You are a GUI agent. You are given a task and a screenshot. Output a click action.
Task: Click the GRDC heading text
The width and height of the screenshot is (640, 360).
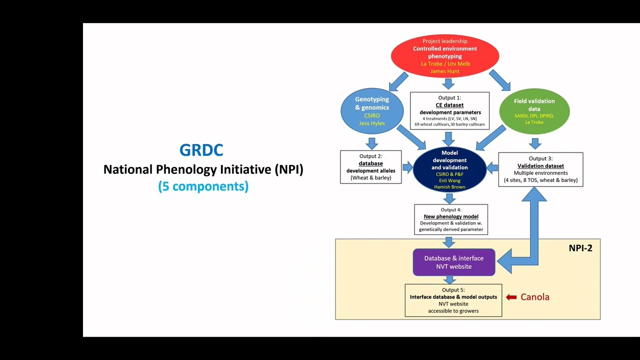coord(201,150)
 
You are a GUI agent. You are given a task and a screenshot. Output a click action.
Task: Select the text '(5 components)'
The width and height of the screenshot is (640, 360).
coord(203,186)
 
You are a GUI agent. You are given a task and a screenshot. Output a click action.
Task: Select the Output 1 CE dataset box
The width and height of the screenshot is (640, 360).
coord(449,110)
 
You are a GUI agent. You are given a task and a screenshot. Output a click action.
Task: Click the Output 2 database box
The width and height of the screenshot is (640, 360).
coord(370,167)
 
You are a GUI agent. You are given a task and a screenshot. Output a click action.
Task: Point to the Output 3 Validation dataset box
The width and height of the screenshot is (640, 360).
coord(540,169)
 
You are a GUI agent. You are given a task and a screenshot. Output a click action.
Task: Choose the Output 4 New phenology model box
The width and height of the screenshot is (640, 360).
coord(450,219)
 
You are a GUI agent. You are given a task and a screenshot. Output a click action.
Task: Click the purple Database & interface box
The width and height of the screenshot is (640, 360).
coord(453,262)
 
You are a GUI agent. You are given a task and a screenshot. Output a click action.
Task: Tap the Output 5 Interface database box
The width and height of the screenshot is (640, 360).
coord(453,300)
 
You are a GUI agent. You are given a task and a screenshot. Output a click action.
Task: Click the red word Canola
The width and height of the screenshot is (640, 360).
coord(535,297)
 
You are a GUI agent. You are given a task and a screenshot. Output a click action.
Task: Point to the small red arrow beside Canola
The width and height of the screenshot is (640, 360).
coord(511,297)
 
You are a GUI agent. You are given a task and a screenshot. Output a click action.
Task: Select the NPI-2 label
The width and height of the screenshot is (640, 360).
coord(580,248)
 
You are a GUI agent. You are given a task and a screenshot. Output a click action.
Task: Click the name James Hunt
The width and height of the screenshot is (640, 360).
coord(444,71)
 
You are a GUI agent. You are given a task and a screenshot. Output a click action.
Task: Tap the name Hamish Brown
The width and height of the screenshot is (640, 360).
coord(449,187)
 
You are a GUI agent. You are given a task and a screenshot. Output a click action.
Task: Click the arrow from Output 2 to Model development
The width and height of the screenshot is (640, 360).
coord(408,167)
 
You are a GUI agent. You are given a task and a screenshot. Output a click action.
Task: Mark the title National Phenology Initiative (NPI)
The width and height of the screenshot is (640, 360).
coord(203,169)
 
